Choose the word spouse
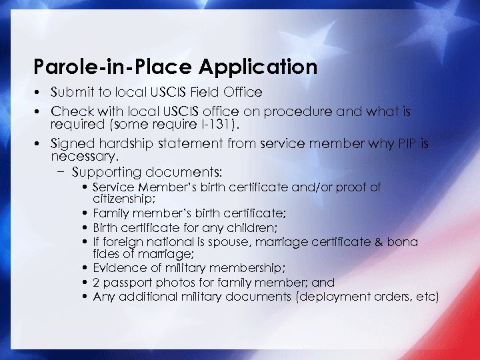point(198,242)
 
